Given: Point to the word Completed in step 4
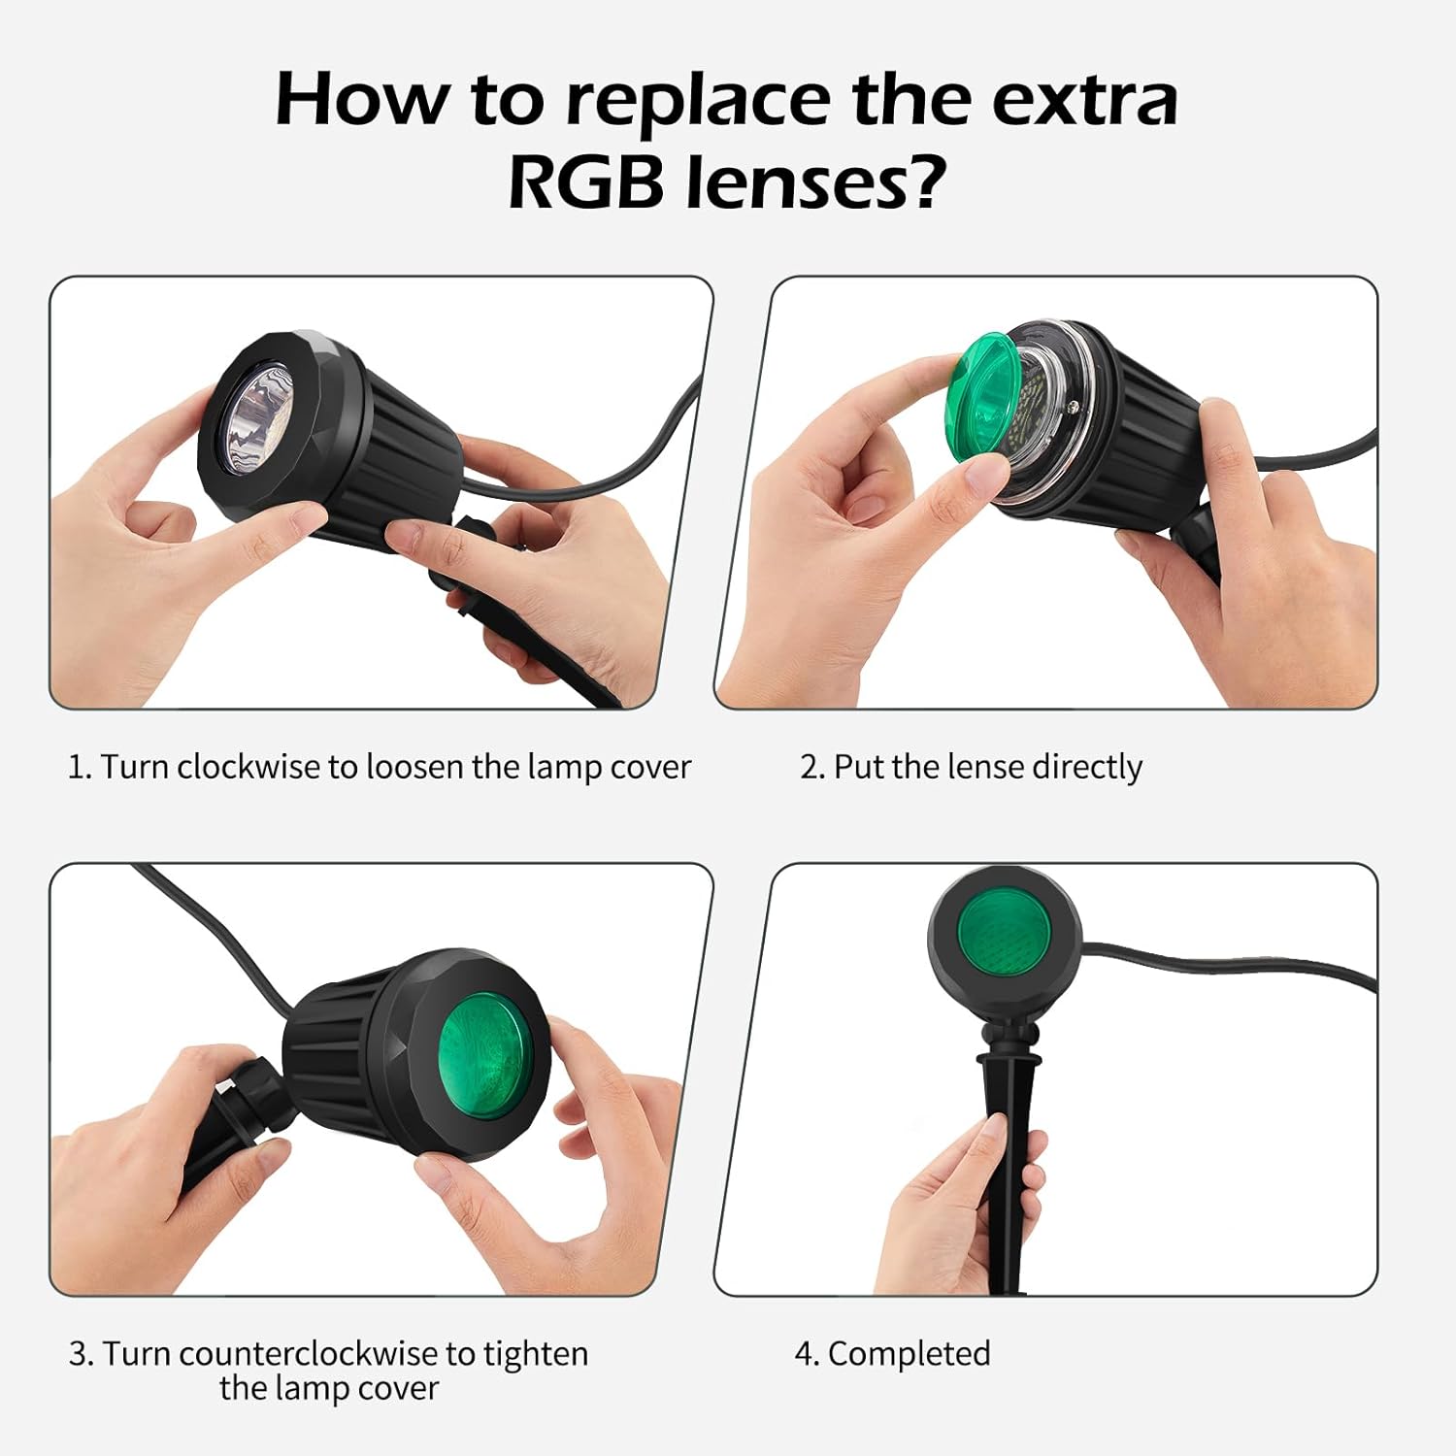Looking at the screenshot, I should click(x=909, y=1353).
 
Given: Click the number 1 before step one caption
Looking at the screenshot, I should click(x=77, y=767).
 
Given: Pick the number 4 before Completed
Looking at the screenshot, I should click(x=804, y=1353).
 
